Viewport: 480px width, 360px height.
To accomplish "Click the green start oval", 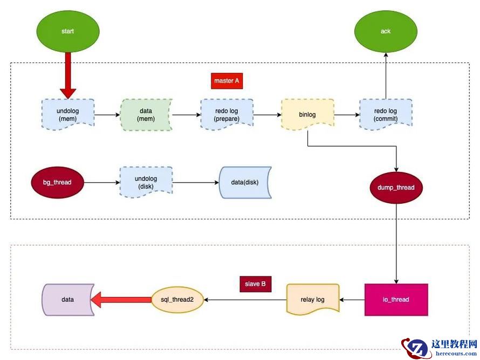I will click(67, 31).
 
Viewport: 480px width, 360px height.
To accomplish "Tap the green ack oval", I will click(385, 31).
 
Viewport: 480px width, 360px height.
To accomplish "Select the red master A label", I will click(227, 81).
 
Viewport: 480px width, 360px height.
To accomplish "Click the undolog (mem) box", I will click(68, 114).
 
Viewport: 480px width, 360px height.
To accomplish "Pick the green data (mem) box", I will click(146, 114).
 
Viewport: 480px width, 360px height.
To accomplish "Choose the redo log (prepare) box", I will click(227, 114).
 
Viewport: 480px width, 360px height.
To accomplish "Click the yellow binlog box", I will click(307, 114).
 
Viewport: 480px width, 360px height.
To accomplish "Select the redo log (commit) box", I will click(385, 114).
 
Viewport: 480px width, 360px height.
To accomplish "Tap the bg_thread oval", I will click(57, 182).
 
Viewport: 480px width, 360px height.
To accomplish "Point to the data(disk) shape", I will click(244, 182).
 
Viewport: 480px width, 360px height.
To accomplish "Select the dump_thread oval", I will click(396, 188).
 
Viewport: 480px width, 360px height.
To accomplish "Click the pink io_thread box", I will click(396, 300).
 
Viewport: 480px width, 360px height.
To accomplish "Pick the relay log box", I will click(313, 299).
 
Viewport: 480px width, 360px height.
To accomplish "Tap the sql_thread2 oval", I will click(177, 299).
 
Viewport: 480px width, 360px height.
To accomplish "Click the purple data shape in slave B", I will click(67, 299).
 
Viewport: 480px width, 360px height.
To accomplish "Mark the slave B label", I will click(255, 283).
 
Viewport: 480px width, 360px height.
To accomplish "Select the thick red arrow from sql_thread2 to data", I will click(121, 299).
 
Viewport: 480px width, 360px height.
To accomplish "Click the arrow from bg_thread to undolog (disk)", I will click(101, 182).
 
